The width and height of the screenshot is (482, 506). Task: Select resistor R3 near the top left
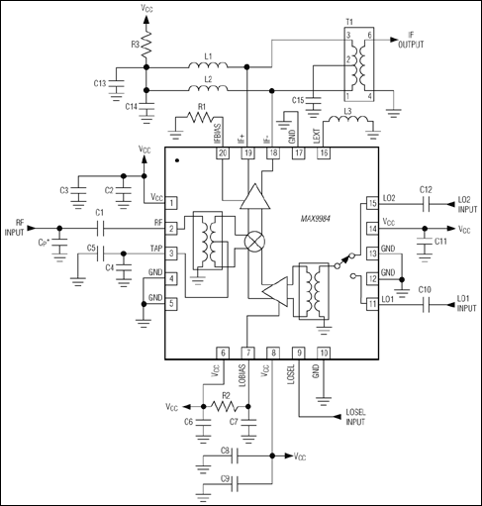(x=145, y=46)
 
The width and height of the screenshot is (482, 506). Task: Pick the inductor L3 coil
(x=351, y=124)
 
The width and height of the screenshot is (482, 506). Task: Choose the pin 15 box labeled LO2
(x=372, y=204)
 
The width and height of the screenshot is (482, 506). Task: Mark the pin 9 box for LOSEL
(x=299, y=352)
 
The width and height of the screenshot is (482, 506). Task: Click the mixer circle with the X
(x=255, y=241)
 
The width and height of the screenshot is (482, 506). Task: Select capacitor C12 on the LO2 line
(x=425, y=204)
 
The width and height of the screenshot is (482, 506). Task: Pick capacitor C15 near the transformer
(x=314, y=102)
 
